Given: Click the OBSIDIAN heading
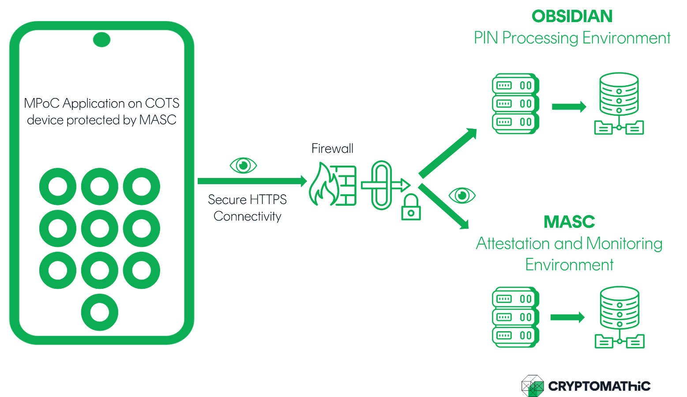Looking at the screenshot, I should tap(572, 17).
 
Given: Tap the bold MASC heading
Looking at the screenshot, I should tap(569, 222).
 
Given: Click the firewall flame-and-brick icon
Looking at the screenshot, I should tap(332, 185).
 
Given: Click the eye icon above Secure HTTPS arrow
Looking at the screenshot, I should tap(243, 166).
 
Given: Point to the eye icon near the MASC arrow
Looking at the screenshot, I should tap(462, 195).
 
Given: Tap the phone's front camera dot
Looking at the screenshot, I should tap(101, 40).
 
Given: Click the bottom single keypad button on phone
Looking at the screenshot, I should tap(100, 312).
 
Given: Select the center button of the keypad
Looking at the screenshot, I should tap(100, 228).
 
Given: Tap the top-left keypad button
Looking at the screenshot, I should tap(58, 186).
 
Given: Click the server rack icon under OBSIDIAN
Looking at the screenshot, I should tap(515, 104).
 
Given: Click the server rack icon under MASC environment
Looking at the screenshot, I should tap(515, 317).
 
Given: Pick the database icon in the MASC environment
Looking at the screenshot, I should tap(619, 317).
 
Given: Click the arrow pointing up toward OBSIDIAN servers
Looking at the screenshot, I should tap(448, 152).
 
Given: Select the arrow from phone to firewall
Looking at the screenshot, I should tap(252, 181).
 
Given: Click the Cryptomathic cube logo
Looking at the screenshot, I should tap(533, 386).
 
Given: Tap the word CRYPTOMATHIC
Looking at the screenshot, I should tap(599, 386).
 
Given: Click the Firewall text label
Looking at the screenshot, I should tap(332, 149).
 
